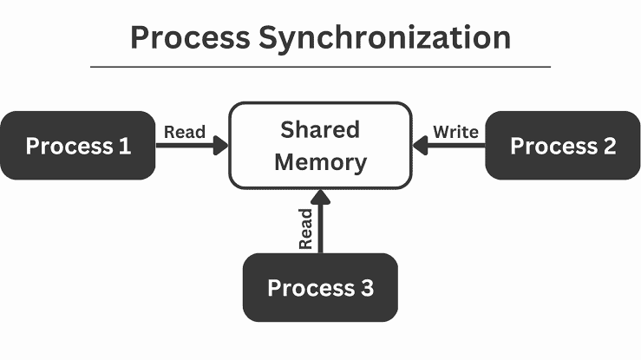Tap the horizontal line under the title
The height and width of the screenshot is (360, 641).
(320, 67)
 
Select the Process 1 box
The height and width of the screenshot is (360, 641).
(78, 146)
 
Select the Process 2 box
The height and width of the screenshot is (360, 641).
(562, 146)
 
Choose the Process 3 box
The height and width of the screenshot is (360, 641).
(320, 287)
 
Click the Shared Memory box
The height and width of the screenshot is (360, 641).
(320, 145)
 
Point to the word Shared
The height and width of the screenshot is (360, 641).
(319, 129)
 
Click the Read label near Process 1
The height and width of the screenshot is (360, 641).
(185, 132)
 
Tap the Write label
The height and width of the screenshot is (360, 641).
(455, 132)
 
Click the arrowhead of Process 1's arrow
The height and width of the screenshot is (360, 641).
(220, 147)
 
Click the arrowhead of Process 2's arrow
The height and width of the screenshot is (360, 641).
(421, 147)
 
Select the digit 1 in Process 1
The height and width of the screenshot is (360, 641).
(125, 146)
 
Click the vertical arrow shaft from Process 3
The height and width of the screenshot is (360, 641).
(320, 230)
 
